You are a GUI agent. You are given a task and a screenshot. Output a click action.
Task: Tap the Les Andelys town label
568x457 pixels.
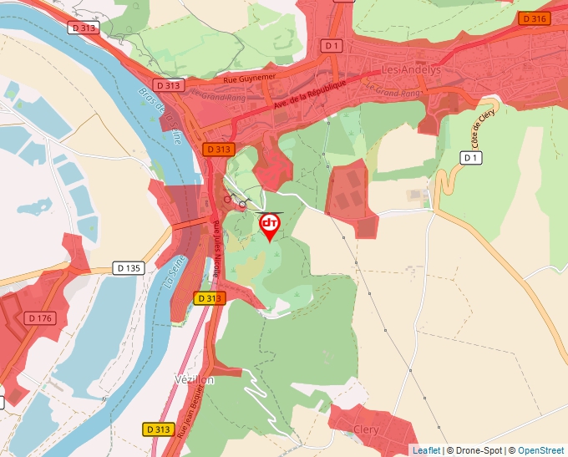point(410,70)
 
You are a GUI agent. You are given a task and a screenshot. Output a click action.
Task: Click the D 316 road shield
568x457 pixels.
point(535,18)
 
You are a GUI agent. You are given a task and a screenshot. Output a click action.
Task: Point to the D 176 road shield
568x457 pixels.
point(39,317)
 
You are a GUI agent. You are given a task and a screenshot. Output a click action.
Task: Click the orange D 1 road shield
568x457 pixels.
point(333,44)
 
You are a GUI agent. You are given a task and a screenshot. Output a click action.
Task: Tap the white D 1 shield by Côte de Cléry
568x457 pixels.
point(472,157)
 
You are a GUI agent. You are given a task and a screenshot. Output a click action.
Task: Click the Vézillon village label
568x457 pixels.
point(194,379)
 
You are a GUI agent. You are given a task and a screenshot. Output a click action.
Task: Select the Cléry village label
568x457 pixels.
point(366,429)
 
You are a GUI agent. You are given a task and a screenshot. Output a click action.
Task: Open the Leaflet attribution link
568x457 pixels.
point(426,450)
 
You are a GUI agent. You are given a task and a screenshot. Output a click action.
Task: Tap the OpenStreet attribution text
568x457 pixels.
point(541,450)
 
